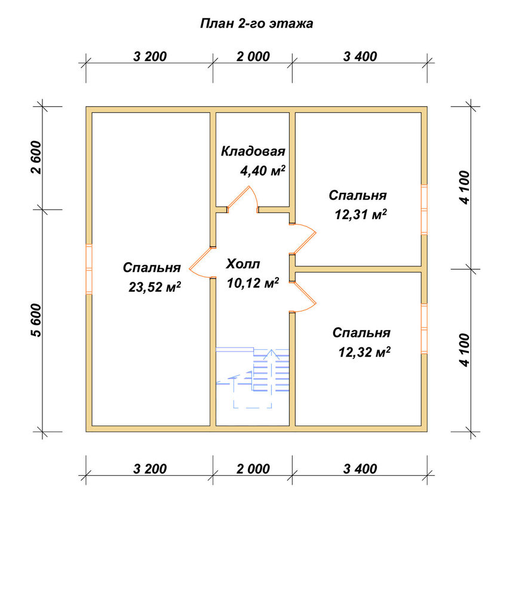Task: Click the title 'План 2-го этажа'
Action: tap(257, 24)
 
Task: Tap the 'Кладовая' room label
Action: tap(253, 151)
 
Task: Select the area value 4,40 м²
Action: tap(262, 170)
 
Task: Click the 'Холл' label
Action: tap(243, 263)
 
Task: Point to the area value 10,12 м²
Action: tap(253, 282)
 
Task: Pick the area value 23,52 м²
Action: tap(155, 287)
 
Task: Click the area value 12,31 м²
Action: tap(361, 214)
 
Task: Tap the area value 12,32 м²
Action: tap(364, 352)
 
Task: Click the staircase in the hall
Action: tap(253, 377)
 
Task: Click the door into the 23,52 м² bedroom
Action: tap(202, 262)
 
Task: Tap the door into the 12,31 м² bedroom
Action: tap(303, 239)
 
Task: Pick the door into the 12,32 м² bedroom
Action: tap(303, 297)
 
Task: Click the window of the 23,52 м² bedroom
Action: tap(89, 269)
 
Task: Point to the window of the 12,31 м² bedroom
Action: tap(424, 210)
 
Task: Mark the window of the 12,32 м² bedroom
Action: tap(424, 328)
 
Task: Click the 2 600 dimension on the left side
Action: tap(36, 157)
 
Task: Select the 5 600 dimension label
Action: tap(36, 320)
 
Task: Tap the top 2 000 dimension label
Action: tap(253, 56)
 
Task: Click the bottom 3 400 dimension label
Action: tap(360, 469)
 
